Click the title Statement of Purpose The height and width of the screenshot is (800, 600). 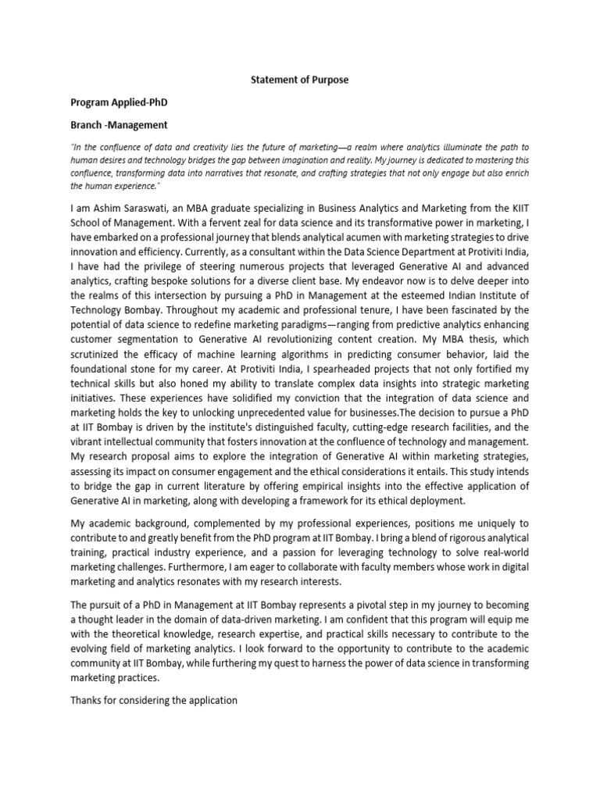[299, 80]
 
